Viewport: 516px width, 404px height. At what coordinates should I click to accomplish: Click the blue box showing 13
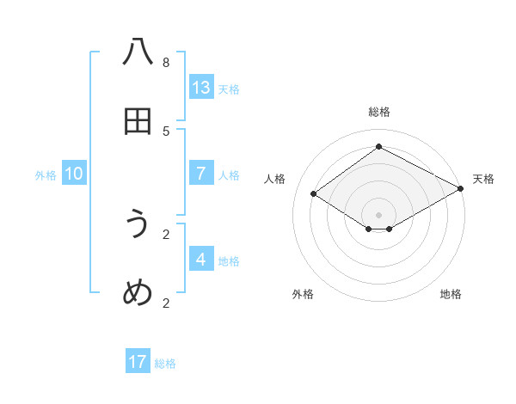coord(201,88)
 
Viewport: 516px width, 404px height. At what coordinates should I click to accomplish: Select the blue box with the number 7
coord(201,174)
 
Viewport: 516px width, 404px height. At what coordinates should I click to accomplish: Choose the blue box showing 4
coord(201,260)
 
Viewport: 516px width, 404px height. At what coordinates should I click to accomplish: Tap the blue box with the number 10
coord(74,174)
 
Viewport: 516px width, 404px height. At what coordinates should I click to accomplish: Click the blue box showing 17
coord(138,362)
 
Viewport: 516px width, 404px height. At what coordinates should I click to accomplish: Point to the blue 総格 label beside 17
coord(165,364)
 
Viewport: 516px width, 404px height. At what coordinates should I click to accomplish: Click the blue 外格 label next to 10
coord(46,175)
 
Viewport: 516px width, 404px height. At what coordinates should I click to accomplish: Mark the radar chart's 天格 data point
coord(461,190)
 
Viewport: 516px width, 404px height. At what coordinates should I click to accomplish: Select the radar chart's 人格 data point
coord(314,194)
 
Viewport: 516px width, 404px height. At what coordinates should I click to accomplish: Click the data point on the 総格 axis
coord(378,147)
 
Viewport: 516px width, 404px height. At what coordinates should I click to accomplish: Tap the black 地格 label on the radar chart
coord(451,294)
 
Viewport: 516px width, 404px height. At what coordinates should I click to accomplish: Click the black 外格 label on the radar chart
coord(303,294)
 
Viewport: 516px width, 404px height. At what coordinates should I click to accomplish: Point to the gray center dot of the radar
coord(378,214)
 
